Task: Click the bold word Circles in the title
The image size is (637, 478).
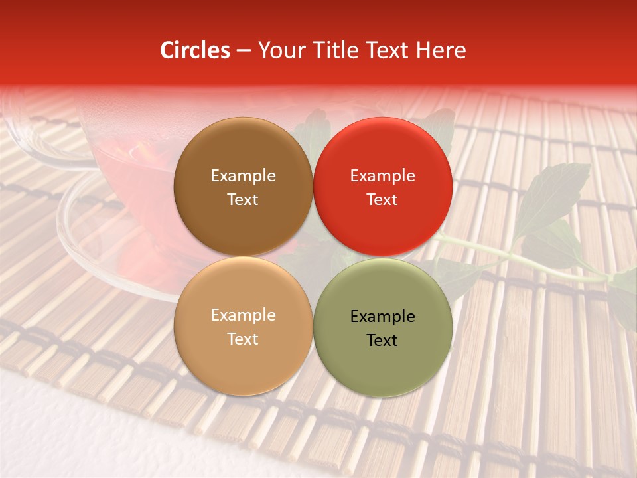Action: (x=194, y=50)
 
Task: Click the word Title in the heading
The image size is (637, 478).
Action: (x=331, y=50)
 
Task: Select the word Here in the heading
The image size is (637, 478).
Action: (x=441, y=50)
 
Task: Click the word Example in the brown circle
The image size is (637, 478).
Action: (x=243, y=176)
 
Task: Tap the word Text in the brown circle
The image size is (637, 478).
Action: (x=243, y=200)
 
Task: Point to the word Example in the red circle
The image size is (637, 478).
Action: (x=382, y=176)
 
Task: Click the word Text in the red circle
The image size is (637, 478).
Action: (x=382, y=200)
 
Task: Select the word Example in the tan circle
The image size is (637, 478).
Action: (x=243, y=315)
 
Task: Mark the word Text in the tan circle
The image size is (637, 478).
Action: (x=243, y=339)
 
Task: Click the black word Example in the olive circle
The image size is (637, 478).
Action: (x=382, y=317)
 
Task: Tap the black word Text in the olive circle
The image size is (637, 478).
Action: (x=382, y=341)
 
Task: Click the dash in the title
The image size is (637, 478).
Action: (x=244, y=51)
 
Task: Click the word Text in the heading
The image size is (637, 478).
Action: (x=386, y=50)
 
